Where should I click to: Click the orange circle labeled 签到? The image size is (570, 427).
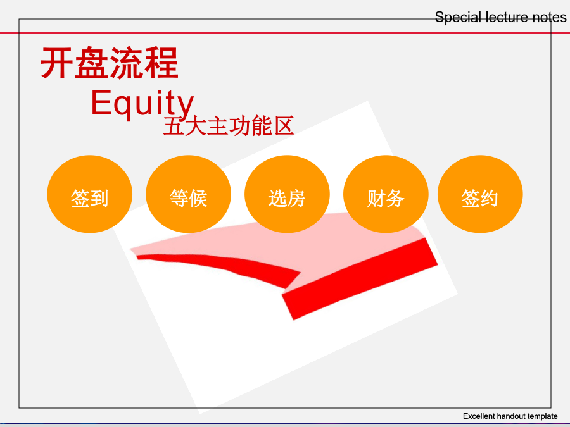90,194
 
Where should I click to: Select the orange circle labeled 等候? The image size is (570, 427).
188,194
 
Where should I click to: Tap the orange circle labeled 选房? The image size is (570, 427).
287,194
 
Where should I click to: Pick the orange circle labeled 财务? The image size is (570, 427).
386,194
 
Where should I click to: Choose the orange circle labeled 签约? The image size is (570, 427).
480,194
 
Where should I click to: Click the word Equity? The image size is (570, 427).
142,104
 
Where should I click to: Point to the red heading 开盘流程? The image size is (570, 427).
110,63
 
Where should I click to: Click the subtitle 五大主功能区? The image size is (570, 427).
229,126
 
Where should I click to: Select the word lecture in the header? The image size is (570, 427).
507,17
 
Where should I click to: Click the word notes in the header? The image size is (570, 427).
549,18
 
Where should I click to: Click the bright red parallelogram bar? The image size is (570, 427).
360,279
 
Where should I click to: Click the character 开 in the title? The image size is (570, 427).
57,63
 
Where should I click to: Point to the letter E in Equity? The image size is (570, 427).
101,102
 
